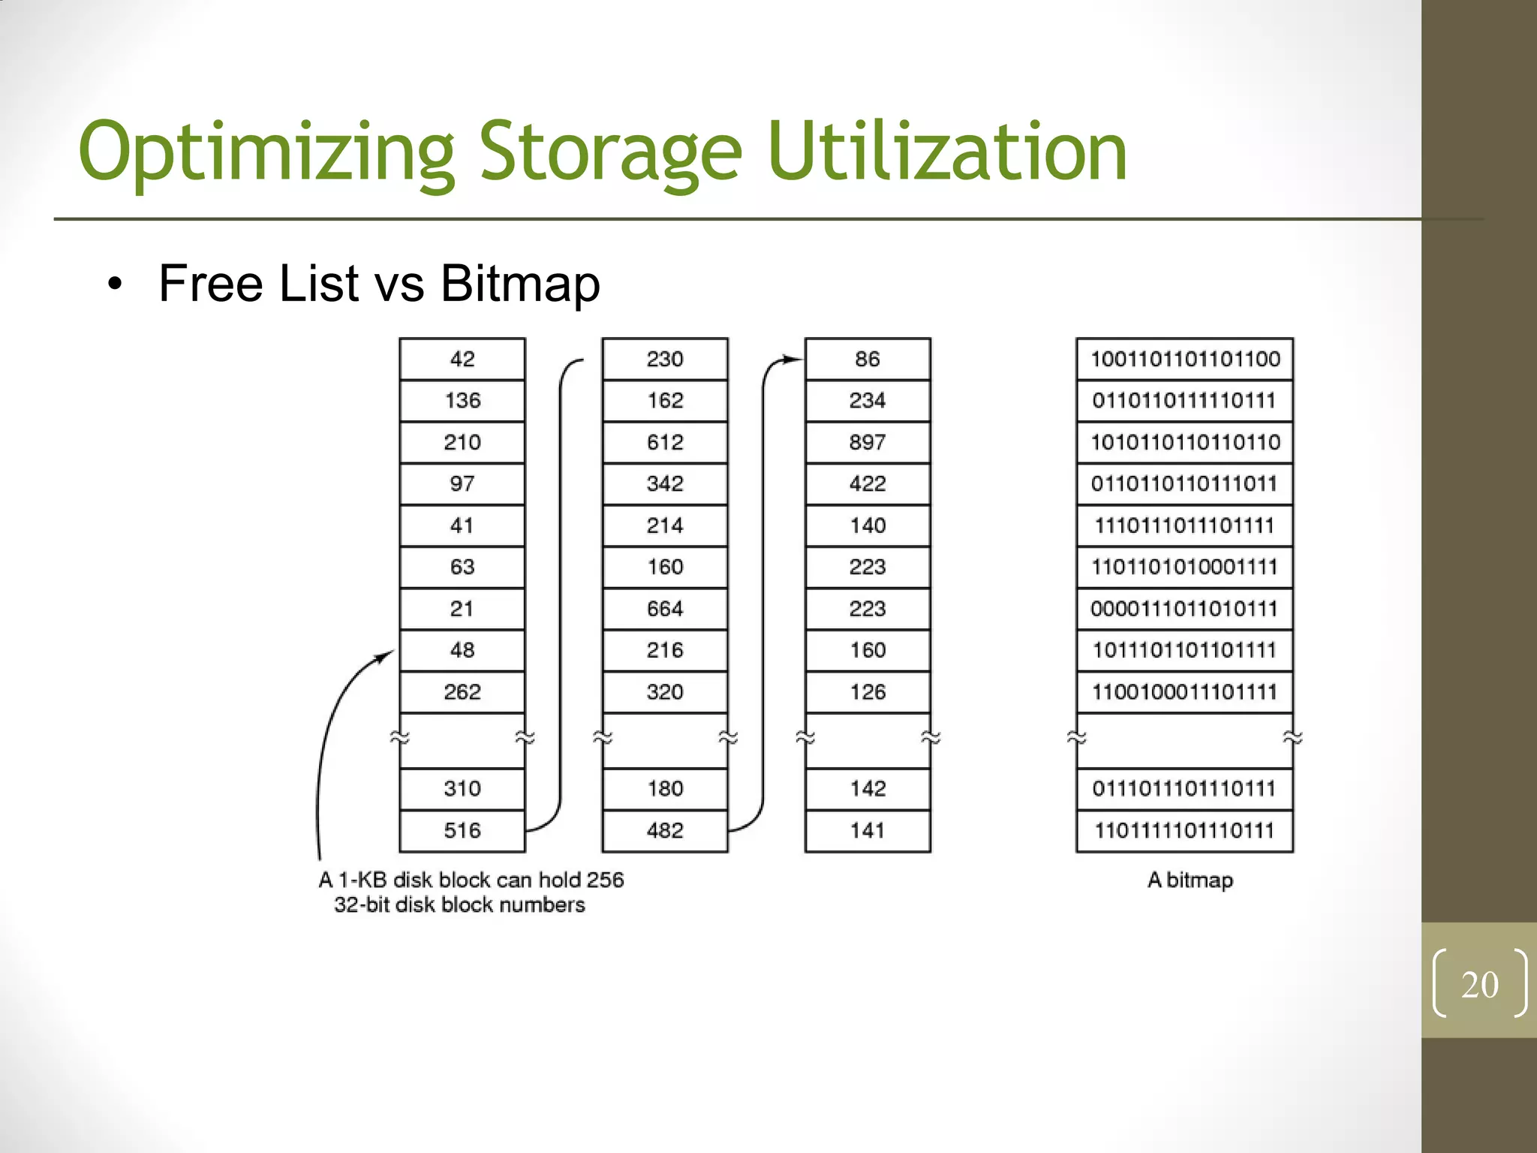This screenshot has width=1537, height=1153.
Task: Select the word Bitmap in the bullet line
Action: (x=520, y=284)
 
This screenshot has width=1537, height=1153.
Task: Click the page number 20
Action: (x=1479, y=984)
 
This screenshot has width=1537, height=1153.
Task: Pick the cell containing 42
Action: (x=462, y=359)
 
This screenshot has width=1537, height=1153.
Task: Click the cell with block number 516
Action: (x=462, y=830)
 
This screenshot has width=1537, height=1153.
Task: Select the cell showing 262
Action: (x=462, y=691)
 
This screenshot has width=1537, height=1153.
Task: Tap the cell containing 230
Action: (x=665, y=359)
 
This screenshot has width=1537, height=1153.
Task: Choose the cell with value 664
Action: (x=665, y=608)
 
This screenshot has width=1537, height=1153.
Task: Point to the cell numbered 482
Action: (x=665, y=830)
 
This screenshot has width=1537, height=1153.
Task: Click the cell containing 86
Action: (x=868, y=359)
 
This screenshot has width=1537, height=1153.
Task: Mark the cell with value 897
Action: (x=868, y=442)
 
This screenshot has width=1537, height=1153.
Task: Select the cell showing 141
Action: (x=868, y=830)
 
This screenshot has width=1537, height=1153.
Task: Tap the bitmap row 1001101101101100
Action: (x=1185, y=359)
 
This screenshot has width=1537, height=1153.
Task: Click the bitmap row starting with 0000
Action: (x=1185, y=608)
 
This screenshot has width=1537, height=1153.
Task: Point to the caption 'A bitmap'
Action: (x=1190, y=880)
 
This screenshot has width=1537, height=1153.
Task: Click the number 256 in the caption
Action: (x=605, y=880)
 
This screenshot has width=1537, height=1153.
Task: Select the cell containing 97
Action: (x=462, y=483)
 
